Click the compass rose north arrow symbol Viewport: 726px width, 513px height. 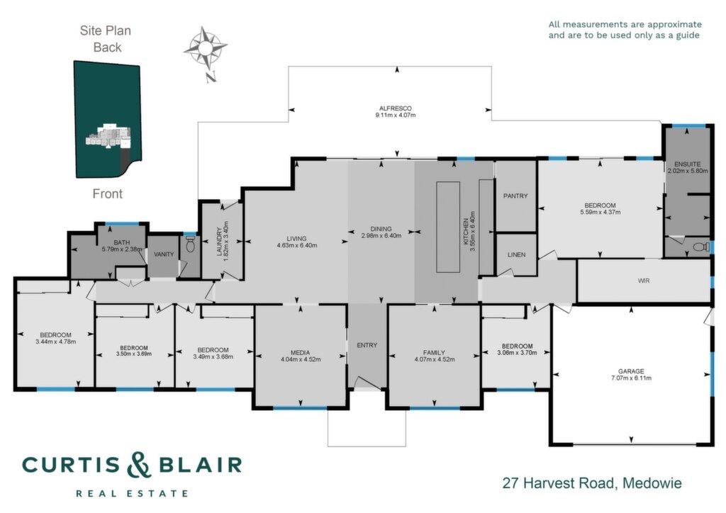[206, 52]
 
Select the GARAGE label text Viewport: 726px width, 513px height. [631, 371]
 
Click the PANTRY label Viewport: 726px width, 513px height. [515, 196]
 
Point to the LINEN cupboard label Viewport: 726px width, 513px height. [516, 254]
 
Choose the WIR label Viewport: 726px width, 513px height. [644, 281]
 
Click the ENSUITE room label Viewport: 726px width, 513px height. [688, 164]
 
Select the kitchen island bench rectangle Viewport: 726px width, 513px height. [448, 227]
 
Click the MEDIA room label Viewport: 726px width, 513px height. [301, 352]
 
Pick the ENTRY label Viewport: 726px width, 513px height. [367, 345]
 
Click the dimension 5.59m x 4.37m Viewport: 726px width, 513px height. [600, 212]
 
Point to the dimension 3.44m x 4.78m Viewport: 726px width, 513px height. [55, 342]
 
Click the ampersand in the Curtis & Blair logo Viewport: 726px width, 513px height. [139, 464]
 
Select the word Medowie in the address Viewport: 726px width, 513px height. [652, 483]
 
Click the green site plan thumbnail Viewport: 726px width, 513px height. [108, 119]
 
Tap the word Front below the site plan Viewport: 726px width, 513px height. [108, 193]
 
